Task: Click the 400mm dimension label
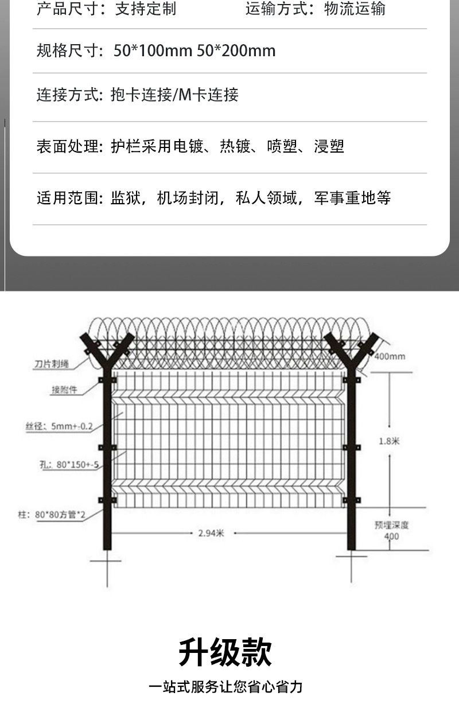coord(390,356)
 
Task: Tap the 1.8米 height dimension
coord(388,441)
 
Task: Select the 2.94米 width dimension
coord(211,533)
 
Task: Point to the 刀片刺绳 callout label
coord(51,364)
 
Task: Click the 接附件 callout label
coord(64,390)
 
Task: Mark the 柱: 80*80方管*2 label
coord(51,515)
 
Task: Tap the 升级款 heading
coord(225,652)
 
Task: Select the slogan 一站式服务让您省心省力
coord(225,686)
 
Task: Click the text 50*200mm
coord(236,51)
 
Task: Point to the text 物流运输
coord(355,9)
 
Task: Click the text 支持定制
coord(145,9)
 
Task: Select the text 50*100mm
coord(153,51)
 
